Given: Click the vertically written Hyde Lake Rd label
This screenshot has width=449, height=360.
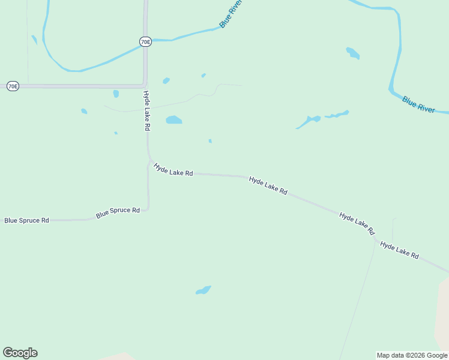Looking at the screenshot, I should click(146, 111).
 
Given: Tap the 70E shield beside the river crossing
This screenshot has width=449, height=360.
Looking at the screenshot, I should click(145, 41).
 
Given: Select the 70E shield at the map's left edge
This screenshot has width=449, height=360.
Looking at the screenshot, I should click(13, 86).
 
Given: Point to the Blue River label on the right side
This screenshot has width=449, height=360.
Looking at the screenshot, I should click(418, 104).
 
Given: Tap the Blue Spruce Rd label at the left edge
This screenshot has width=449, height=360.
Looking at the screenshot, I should click(26, 220).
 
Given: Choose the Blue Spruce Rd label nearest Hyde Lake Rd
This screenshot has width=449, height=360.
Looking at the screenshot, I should click(118, 212).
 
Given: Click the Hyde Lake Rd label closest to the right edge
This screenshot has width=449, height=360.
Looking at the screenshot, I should click(399, 250).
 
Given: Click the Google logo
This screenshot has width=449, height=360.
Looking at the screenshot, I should click(20, 353).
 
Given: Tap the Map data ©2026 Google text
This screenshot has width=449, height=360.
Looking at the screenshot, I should click(412, 355).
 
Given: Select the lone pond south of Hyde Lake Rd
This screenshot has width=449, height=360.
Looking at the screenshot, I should click(203, 290).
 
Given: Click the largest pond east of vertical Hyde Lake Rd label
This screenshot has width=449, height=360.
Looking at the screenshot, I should click(173, 119).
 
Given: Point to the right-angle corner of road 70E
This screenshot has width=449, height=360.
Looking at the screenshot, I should click(145, 85).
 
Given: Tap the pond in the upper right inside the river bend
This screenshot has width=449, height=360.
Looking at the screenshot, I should click(353, 53).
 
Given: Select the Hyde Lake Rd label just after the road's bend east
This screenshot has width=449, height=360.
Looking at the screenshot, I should click(173, 170).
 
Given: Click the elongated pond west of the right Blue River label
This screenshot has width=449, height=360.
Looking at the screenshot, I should click(309, 122).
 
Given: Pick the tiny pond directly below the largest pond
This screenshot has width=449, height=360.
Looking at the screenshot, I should click(210, 141).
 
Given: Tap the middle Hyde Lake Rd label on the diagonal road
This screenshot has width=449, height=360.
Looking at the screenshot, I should click(268, 185).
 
